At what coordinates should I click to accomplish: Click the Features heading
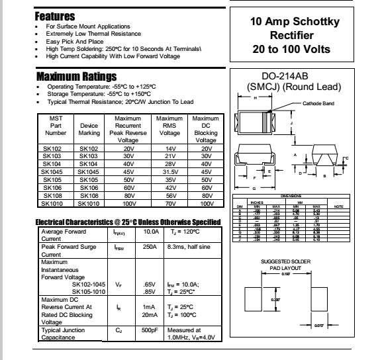56,15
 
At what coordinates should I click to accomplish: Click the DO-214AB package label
296,77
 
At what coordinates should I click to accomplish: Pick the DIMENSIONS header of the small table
295,196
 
